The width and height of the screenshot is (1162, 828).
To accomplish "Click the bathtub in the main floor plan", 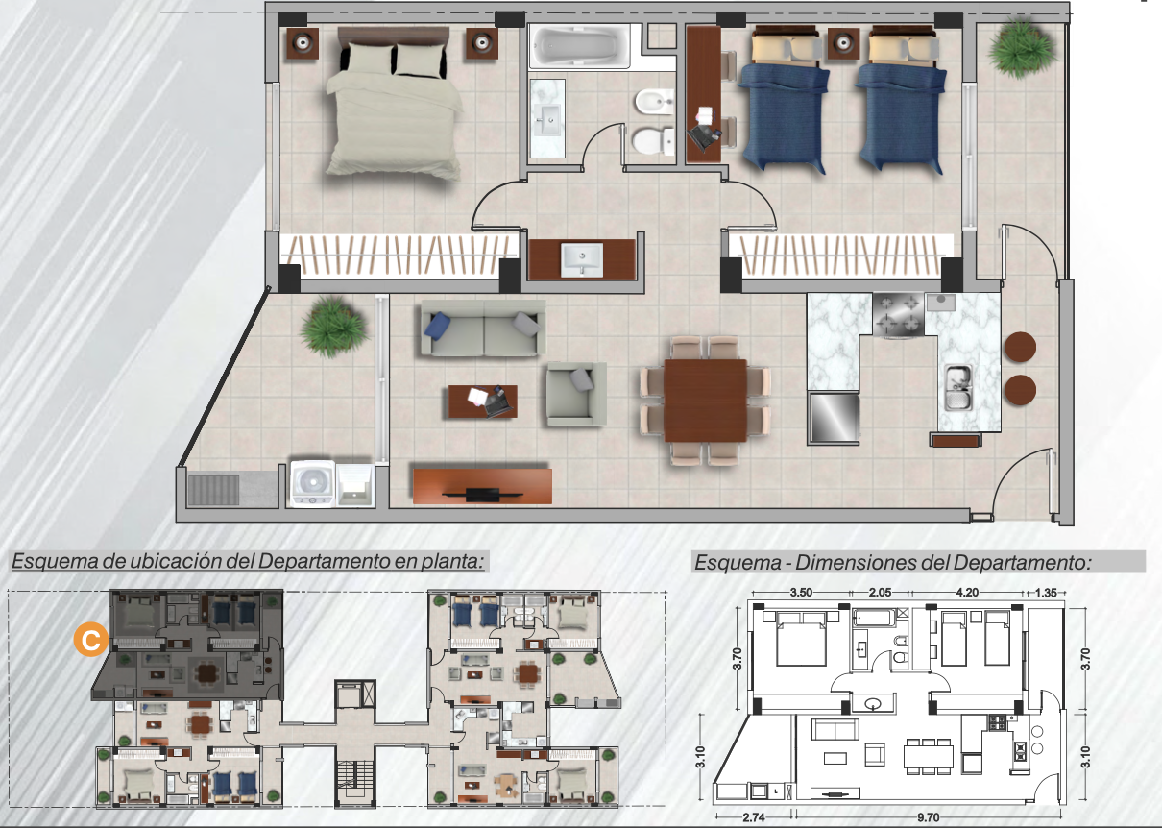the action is pos(579,46).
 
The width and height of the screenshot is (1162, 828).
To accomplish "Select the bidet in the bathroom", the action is pos(654,102).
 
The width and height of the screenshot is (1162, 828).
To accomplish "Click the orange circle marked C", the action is pos(91,640).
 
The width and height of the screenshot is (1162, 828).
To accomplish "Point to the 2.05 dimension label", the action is pos(880,593).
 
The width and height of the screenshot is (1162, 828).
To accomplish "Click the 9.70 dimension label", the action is pos(928,817).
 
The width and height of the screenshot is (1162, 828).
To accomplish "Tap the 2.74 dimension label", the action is pos(753,817).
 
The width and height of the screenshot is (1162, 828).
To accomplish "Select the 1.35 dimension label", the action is pos(1046,593).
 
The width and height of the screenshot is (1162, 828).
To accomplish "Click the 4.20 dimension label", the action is pos(967,593).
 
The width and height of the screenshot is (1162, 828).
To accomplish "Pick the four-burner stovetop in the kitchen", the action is pos(898,314).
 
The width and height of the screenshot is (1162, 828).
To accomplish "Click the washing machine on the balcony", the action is pos(312,483).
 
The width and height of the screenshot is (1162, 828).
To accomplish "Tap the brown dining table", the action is pos(705,400).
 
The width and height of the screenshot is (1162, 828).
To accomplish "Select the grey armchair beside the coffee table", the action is pos(576,394).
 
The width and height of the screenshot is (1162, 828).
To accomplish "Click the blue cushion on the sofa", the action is pos(437,326).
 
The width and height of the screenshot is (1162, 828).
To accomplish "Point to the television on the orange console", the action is pos(482,494).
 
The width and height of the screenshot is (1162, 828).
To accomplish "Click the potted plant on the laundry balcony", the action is pos(333,326).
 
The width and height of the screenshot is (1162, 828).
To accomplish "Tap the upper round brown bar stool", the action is pos(1020,347).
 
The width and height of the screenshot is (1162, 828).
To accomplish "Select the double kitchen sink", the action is pos(957,387).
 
